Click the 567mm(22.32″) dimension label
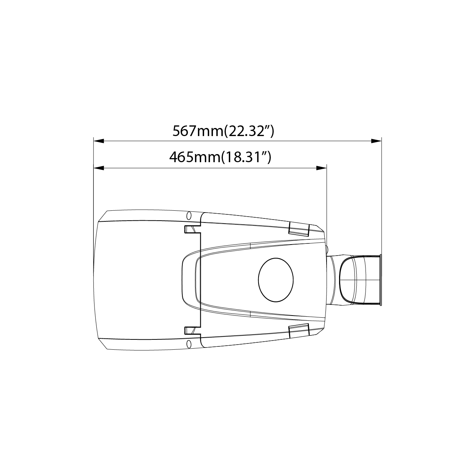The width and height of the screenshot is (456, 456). tap(223, 131)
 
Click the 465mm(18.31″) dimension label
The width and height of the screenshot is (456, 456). tap(220, 157)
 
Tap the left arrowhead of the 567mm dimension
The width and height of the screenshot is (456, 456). tap(99, 141)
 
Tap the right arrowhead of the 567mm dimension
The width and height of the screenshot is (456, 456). tap(376, 141)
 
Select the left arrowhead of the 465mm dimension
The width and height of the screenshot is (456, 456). tap(99, 168)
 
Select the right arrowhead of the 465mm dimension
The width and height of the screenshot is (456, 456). tap(321, 168)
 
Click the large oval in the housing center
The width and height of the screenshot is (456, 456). tap(276, 280)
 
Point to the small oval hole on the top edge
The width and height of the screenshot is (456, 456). tap(189, 215)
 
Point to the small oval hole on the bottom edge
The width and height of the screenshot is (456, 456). tap(189, 344)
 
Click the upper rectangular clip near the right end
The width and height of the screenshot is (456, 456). tap(299, 229)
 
